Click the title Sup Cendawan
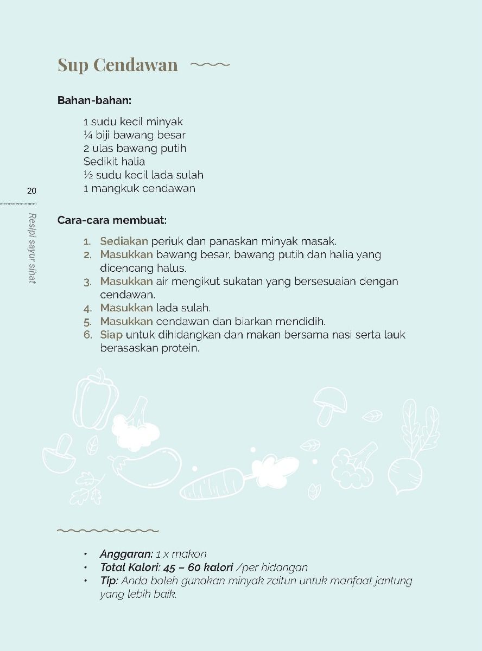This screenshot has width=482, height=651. coord(118,65)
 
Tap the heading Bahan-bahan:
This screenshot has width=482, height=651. coord(94,100)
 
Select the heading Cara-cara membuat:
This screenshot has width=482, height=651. coord(112,220)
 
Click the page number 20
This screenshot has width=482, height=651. coord(31,190)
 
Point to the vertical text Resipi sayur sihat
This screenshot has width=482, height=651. coord(32,248)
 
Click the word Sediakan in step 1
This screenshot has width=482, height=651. coord(124,241)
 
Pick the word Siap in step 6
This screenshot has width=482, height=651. coord(111,335)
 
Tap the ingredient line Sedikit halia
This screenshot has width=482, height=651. coord(114,162)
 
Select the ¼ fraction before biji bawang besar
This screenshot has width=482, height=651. coord(88,135)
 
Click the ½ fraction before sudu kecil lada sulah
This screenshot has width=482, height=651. coord(88,175)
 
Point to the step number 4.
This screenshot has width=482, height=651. coord(87,309)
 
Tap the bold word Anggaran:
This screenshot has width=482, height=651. coord(126,554)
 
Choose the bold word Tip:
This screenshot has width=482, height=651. coord(109,581)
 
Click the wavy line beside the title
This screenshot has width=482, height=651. coord(210,65)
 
